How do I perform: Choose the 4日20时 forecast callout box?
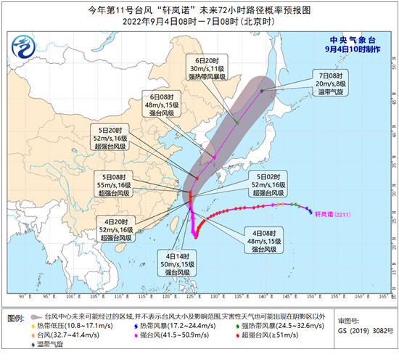coord(115,228)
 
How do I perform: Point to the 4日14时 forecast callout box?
coord(177,264)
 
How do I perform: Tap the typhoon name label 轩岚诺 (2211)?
coord(336,214)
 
